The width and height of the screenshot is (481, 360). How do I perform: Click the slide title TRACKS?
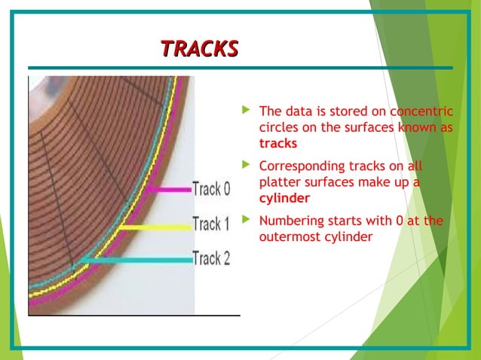(200, 49)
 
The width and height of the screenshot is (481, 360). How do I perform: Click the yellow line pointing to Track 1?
(155, 225)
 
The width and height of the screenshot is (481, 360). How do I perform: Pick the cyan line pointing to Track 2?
(136, 260)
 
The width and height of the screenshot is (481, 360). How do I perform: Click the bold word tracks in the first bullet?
(277, 143)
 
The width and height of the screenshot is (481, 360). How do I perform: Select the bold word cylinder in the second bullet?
(283, 198)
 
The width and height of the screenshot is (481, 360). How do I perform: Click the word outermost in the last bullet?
(290, 237)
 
